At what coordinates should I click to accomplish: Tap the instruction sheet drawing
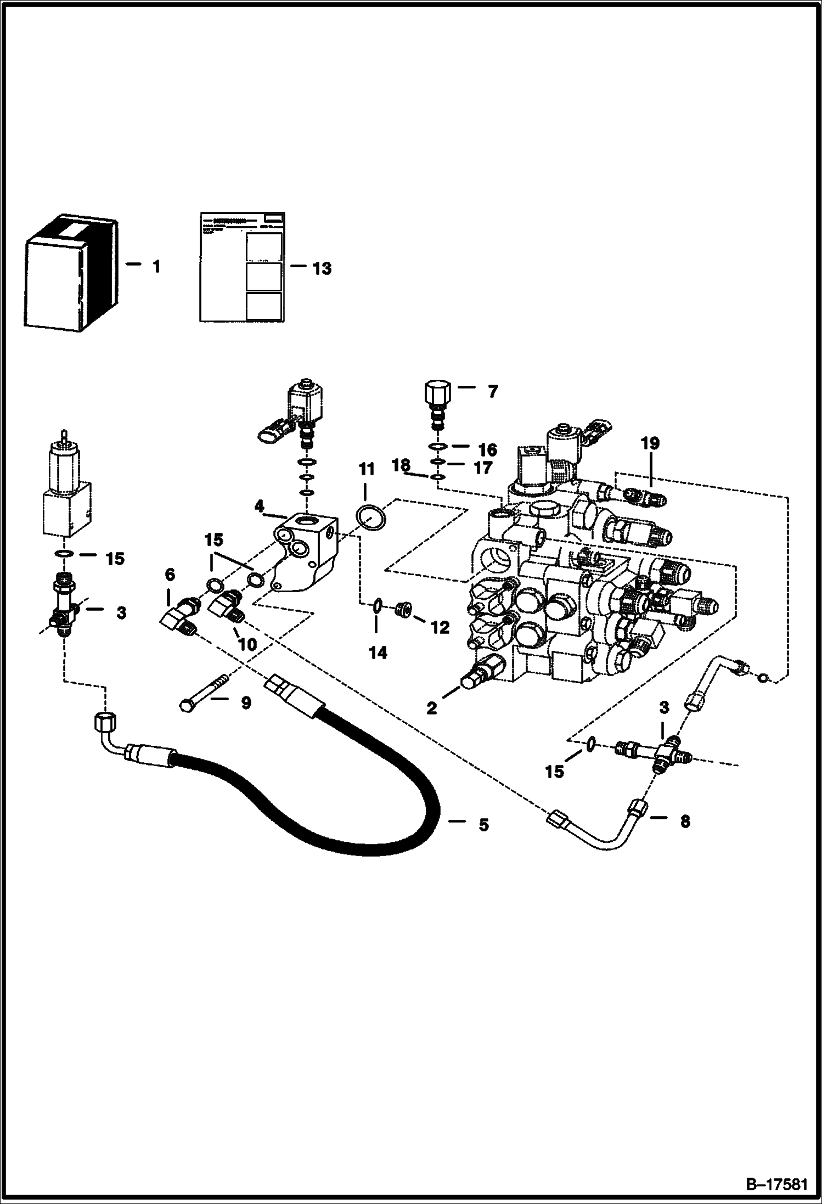(241, 266)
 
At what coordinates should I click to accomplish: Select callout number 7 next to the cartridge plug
(492, 391)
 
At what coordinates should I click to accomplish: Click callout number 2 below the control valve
(432, 708)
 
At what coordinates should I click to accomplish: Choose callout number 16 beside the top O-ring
(487, 449)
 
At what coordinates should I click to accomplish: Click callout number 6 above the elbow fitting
(170, 575)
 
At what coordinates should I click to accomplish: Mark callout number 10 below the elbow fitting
(247, 644)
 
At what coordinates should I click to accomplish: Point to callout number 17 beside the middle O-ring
(483, 468)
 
